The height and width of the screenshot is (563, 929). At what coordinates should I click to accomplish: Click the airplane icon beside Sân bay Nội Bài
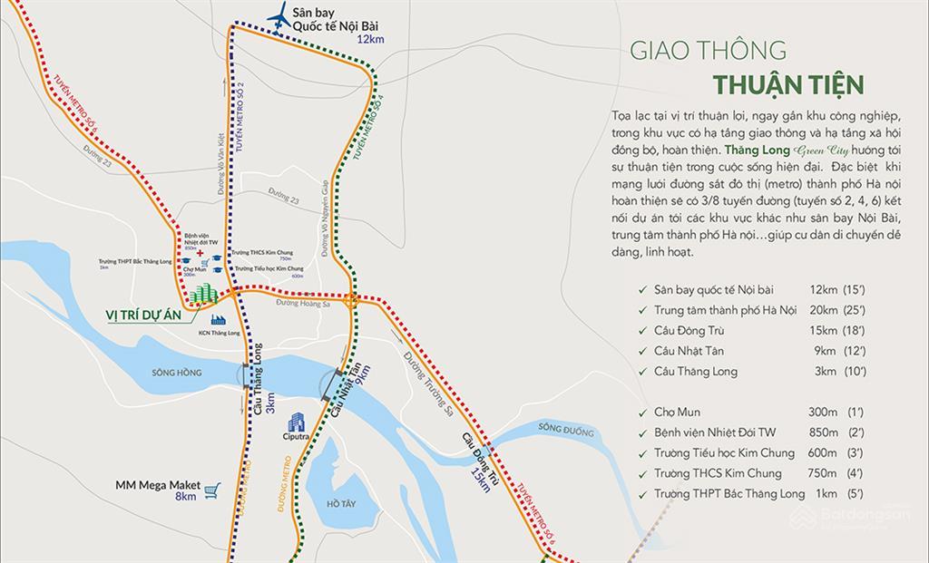point(279,15)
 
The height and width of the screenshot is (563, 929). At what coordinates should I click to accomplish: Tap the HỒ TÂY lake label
point(329,500)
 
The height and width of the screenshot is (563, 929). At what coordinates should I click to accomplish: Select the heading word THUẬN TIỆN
point(787,85)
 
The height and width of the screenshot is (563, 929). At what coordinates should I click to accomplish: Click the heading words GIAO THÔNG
point(709,51)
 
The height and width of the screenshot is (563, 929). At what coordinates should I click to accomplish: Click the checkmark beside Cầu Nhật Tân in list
point(643,351)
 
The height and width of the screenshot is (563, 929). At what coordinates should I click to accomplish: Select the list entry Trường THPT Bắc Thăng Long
point(729,494)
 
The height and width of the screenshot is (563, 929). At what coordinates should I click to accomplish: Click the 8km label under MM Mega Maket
point(186,497)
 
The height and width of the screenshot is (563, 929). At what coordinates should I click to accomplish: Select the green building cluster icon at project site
point(206,295)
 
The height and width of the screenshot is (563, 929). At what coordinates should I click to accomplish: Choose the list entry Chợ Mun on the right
point(677,412)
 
